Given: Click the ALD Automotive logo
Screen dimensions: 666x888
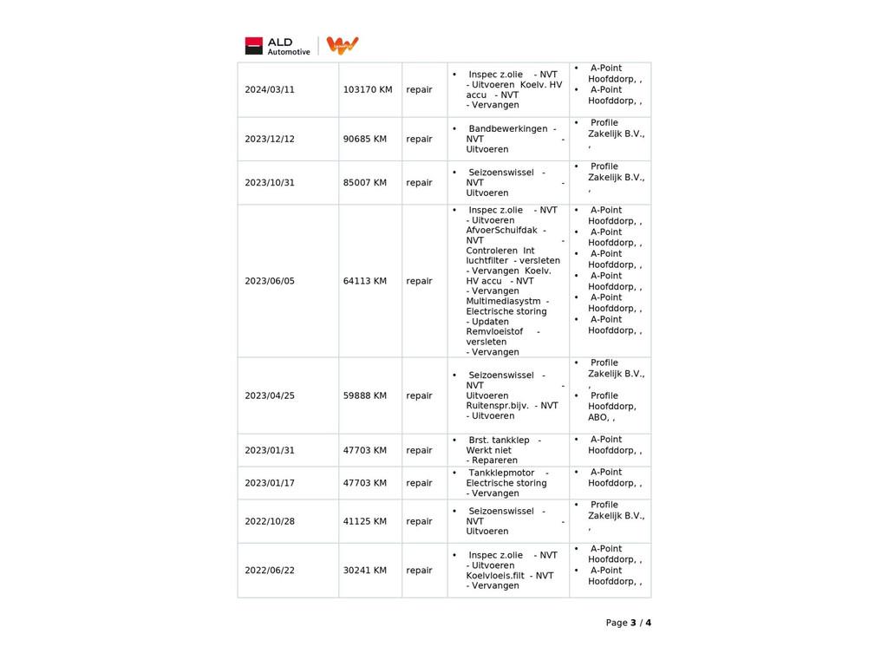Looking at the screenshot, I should [x=277, y=46].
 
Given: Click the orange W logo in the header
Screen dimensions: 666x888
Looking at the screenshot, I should [x=343, y=45].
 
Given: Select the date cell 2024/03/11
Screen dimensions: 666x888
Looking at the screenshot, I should [x=270, y=90].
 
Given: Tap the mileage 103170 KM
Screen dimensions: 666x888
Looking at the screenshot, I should [x=368, y=90].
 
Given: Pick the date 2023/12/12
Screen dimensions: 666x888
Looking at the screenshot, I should [x=270, y=140].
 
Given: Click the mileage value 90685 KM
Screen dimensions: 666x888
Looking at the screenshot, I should [x=365, y=140].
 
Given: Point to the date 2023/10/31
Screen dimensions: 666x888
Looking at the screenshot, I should [x=270, y=183].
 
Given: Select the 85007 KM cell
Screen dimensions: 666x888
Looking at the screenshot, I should [x=365, y=183].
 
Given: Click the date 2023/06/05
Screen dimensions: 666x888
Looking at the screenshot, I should [x=270, y=281].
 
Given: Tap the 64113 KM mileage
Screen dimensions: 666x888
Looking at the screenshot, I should [x=365, y=281].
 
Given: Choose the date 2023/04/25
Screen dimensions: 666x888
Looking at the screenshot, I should [x=270, y=395].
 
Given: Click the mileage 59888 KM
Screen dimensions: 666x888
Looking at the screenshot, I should [x=365, y=395].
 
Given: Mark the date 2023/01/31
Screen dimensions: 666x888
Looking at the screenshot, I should [x=270, y=451].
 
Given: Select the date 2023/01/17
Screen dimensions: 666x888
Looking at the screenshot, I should [x=270, y=483].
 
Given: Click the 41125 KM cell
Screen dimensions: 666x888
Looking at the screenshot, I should [x=365, y=521].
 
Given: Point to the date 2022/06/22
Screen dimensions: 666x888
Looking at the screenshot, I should [x=270, y=571].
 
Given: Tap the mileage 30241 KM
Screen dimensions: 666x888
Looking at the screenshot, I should [x=365, y=571].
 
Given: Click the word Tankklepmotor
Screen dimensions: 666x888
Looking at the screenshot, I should [x=501, y=473].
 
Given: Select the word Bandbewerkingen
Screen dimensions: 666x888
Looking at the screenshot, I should [x=507, y=129].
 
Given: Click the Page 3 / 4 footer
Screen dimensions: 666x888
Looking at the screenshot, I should [x=628, y=623].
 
